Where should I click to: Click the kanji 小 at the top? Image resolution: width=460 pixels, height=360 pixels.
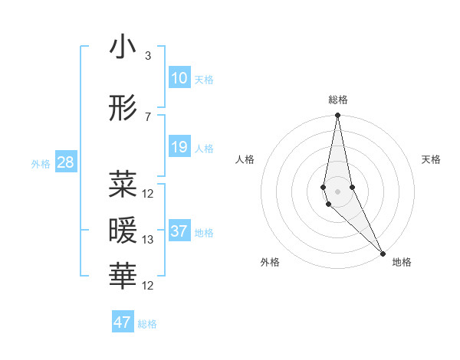123,50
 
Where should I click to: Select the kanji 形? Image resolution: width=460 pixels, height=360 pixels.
123,110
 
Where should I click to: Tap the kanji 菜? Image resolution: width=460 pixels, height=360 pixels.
123,184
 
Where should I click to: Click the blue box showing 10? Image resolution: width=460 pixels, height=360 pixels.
179,78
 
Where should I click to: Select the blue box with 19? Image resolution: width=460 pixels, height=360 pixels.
179,147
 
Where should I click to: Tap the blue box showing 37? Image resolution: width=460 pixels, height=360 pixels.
179,231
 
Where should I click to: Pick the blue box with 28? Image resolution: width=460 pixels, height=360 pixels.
65,162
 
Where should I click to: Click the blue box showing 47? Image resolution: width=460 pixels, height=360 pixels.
123,322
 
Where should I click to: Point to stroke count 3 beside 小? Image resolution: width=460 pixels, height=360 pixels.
148,56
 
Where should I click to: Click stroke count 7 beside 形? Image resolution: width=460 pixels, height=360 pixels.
148,116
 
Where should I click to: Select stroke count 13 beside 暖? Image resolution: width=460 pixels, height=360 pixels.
148,240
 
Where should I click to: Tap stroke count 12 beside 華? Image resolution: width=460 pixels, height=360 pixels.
148,286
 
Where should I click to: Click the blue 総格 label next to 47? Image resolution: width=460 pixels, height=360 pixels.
147,324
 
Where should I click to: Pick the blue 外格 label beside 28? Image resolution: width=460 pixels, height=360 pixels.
41,163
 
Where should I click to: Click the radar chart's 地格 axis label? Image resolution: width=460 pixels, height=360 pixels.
402,262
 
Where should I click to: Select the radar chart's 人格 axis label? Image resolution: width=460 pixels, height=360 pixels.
245,159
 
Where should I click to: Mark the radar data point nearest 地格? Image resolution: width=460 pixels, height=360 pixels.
383,253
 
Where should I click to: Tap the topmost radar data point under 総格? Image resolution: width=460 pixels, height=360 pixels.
337,116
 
